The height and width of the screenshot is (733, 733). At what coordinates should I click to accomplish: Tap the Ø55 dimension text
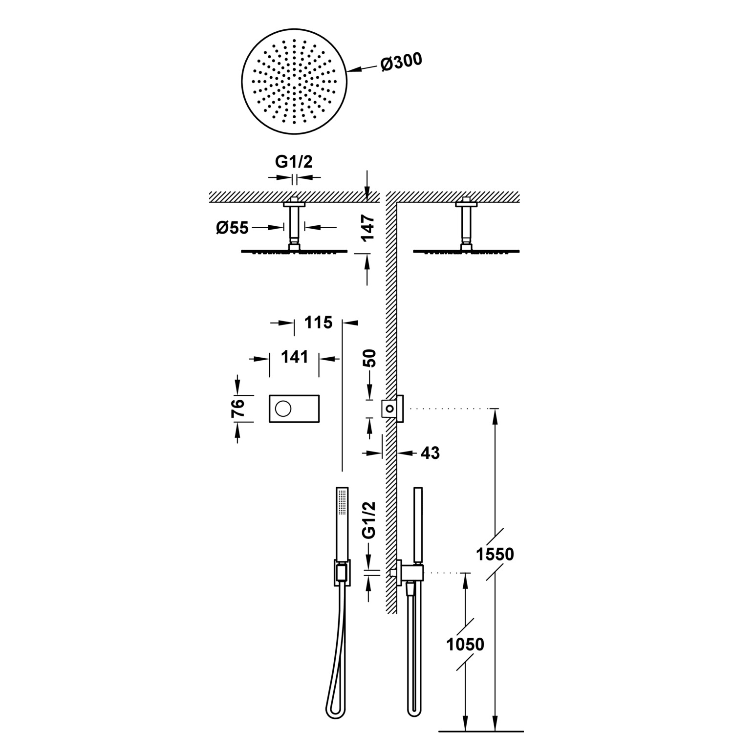pos(233,228)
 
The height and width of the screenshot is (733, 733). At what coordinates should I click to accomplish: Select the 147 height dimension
pos(369,227)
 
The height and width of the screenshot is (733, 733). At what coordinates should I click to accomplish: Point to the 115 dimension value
pos(318,323)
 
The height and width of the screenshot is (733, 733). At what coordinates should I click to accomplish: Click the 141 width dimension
pos(294,357)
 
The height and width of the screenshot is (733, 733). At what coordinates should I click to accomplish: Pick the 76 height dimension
pos(237,408)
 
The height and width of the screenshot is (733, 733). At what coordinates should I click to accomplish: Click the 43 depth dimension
pos(430,453)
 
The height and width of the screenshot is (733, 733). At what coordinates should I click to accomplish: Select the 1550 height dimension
pos(495,554)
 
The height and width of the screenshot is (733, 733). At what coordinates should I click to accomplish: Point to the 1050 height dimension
pos(465,644)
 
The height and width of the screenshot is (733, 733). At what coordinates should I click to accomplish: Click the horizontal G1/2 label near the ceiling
pos(293,162)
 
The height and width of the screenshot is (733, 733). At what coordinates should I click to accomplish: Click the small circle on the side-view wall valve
pos(390,408)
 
